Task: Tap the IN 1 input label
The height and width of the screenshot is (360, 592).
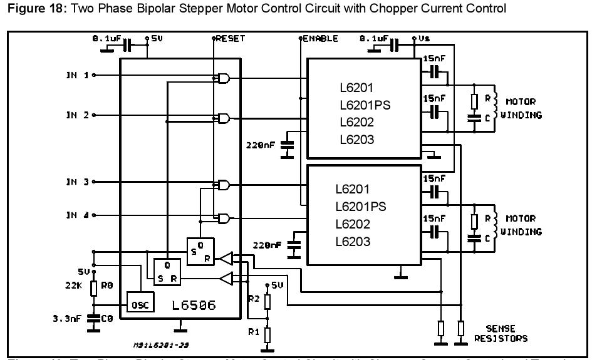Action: [78, 75]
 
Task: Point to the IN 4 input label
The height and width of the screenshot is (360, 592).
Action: [78, 215]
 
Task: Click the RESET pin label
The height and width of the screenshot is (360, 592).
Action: [231, 38]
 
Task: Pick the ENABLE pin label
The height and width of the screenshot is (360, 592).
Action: [321, 38]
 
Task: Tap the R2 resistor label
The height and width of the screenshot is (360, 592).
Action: [253, 298]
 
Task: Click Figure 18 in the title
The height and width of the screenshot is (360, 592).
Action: [29, 8]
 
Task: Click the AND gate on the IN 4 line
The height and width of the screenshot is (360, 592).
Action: [221, 218]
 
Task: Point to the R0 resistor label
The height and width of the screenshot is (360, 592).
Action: [108, 285]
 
